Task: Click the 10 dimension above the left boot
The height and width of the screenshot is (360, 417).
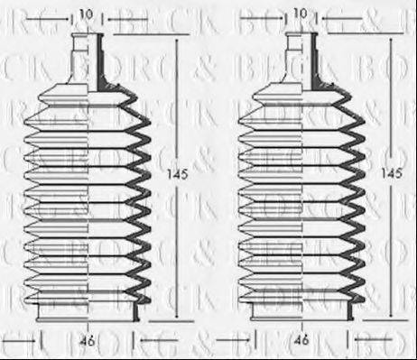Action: coord(87,14)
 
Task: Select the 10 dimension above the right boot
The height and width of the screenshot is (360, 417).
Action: coord(301,14)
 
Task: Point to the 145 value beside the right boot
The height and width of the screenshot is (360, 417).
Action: coord(390,172)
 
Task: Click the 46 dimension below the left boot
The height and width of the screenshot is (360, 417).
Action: coord(87,342)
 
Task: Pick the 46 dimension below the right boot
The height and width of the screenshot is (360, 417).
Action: coord(301,342)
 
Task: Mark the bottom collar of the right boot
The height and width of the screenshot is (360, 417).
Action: coord(301,311)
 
